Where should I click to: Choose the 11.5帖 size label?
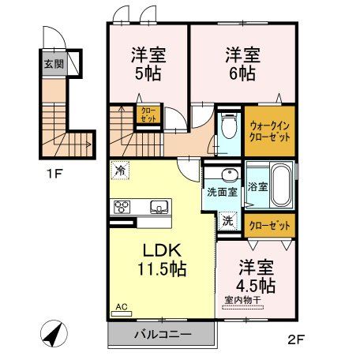point(159,268)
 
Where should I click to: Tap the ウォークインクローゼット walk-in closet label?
point(269,128)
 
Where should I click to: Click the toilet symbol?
point(230,126)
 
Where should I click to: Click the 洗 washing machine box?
point(228,222)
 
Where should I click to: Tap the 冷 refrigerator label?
point(120,169)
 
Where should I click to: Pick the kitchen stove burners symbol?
point(122,208)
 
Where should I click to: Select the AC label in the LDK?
point(122,307)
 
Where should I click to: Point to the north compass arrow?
point(52,334)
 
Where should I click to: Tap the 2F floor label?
point(296,342)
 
